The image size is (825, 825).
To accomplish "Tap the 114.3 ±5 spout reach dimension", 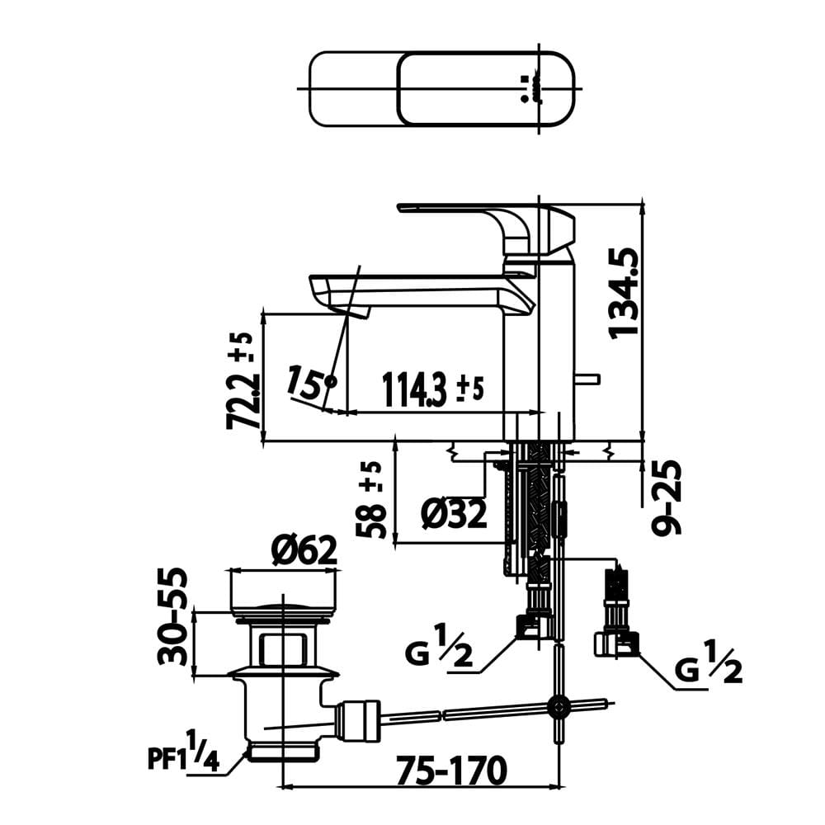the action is pyautogui.click(x=432, y=390).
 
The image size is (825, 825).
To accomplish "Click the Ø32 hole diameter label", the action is pyautogui.click(x=454, y=513).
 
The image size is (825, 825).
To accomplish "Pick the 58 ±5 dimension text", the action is pyautogui.click(x=371, y=500).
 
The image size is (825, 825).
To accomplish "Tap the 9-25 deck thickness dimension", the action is pyautogui.click(x=667, y=497).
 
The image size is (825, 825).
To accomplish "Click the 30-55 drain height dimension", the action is pyautogui.click(x=172, y=616).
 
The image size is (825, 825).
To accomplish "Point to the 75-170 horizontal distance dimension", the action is pyautogui.click(x=451, y=771).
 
